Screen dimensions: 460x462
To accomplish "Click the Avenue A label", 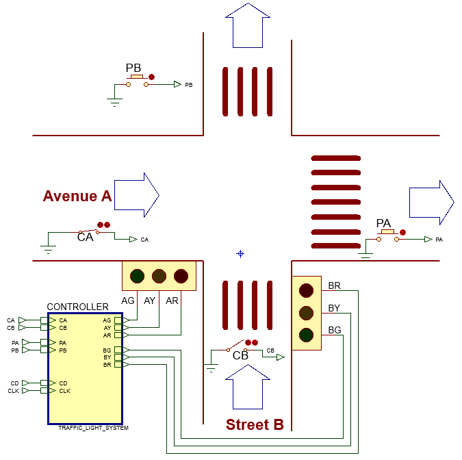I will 77,196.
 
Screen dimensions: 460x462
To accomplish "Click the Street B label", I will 255,425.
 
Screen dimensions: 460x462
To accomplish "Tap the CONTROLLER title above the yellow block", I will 77,307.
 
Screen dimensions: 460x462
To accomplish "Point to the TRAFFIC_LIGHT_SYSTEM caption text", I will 93,428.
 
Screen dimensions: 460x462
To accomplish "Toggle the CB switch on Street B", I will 237,348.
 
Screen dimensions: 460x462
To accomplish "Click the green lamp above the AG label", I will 138,276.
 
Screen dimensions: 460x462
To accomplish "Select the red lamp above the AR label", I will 181,276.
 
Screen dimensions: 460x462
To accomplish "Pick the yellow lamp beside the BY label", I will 306,313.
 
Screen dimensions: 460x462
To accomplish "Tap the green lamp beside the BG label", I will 306,335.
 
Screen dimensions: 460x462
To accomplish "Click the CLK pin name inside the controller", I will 64,391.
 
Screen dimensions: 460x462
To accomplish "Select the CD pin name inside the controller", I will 63,383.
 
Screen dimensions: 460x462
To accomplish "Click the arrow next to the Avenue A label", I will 136,195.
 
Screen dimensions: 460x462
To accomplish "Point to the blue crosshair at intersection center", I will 240,254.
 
